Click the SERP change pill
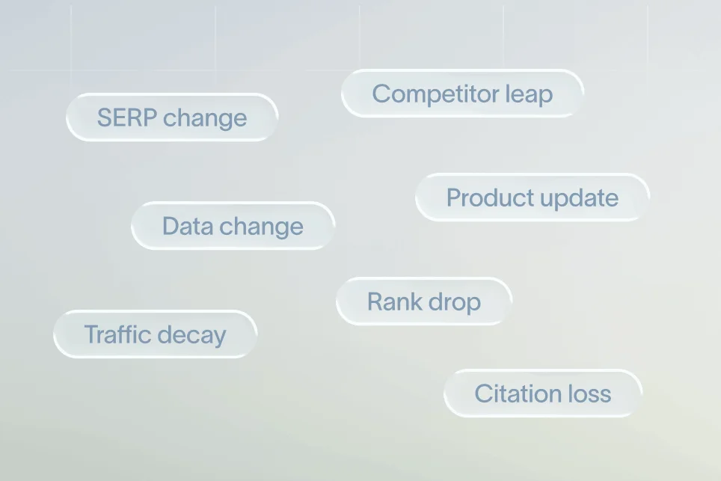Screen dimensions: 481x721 (x=172, y=117)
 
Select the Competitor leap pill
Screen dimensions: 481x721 (x=462, y=94)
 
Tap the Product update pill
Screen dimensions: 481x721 (x=532, y=197)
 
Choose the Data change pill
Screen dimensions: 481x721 (x=233, y=226)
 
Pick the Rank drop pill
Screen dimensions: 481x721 (x=423, y=301)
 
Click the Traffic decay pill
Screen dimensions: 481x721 (x=155, y=334)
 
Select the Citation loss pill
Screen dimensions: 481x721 (x=542, y=393)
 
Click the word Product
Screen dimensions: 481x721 (x=489, y=197)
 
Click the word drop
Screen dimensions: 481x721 (x=452, y=302)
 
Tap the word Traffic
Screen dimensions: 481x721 (x=117, y=334)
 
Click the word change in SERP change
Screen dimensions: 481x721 (x=205, y=118)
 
